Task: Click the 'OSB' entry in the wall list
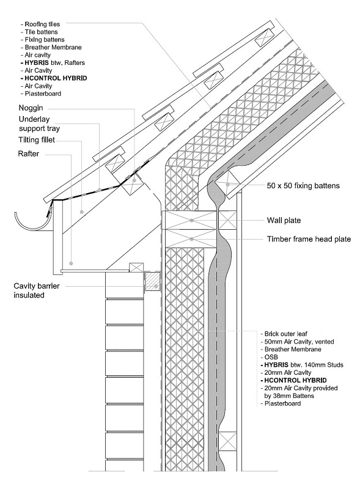(x=272, y=357)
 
